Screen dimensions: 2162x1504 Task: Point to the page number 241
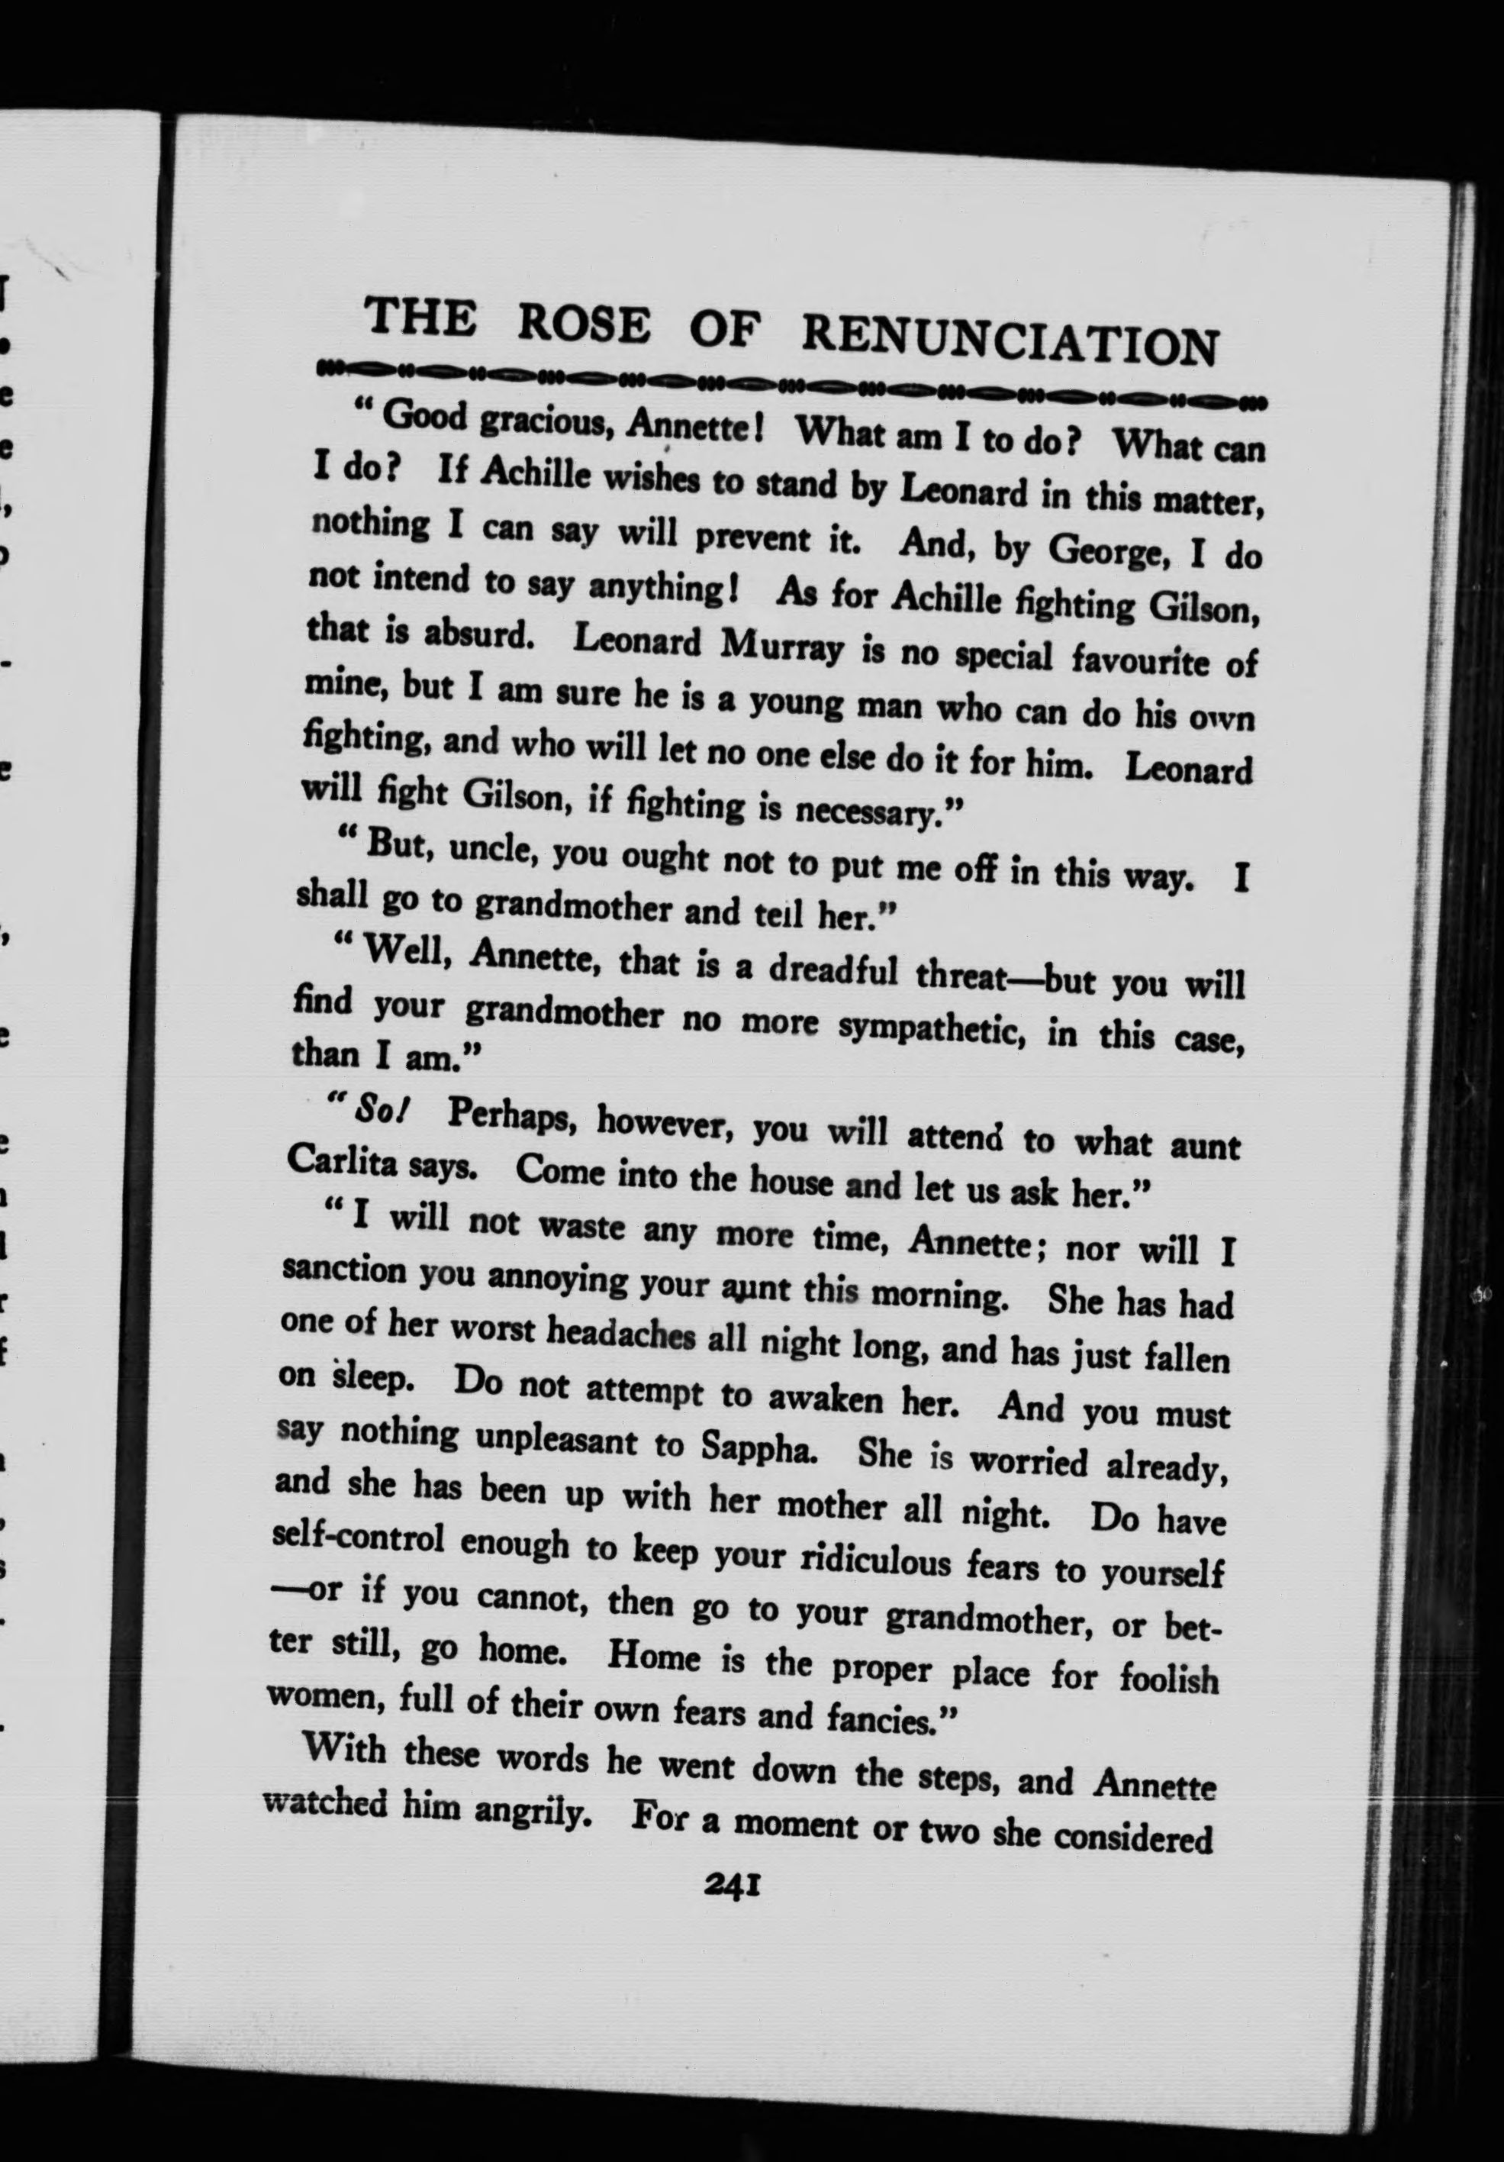(731, 1887)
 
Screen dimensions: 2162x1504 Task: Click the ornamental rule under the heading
(791, 387)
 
